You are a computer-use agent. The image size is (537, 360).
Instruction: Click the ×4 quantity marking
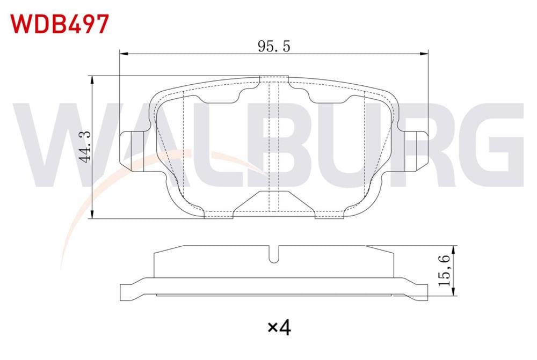coord(279,326)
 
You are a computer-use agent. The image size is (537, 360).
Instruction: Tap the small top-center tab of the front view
coord(274,80)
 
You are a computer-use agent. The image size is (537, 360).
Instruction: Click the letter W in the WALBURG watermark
coord(51,145)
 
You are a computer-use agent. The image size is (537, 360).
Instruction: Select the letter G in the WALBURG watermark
coord(491,145)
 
